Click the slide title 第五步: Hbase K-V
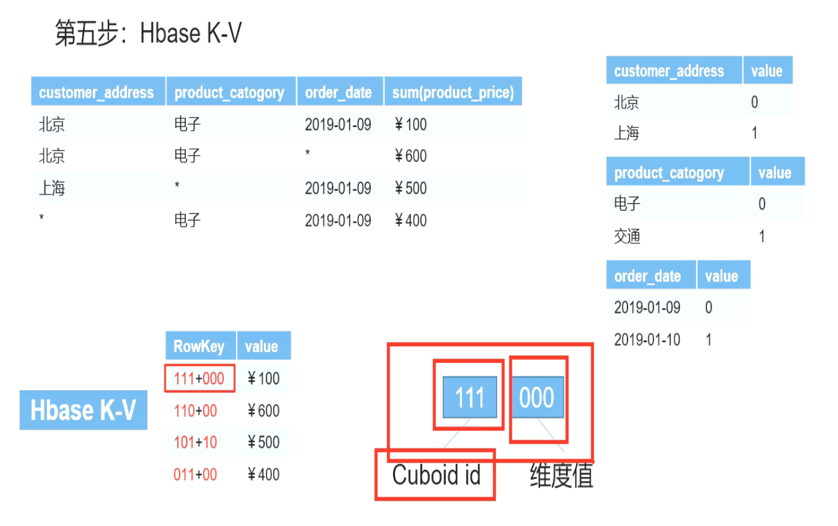(x=148, y=33)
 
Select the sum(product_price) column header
(x=452, y=92)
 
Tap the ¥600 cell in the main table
(x=411, y=156)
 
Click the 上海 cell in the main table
(x=51, y=188)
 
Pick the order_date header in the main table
(x=338, y=92)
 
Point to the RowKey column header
(x=199, y=346)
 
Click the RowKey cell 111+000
(x=199, y=378)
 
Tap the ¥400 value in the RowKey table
(x=264, y=475)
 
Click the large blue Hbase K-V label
(x=84, y=410)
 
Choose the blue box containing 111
(x=469, y=398)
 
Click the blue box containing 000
(x=537, y=398)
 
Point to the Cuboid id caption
(x=436, y=475)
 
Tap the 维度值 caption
(x=561, y=476)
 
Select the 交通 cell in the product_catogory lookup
(x=627, y=237)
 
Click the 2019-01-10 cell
(x=647, y=340)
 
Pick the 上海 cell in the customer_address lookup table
(x=627, y=134)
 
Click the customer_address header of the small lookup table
(x=669, y=71)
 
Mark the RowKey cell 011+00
(x=195, y=475)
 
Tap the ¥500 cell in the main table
(x=411, y=188)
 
